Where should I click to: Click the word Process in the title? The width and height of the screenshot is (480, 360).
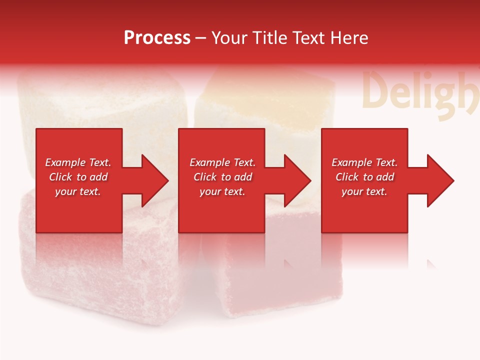click(x=157, y=38)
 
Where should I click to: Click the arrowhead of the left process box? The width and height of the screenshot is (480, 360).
click(x=152, y=180)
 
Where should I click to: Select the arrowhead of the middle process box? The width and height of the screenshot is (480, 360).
click(x=295, y=180)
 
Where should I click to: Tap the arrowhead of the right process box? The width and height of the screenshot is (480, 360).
click(x=437, y=180)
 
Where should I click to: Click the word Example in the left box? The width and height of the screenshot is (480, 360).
click(x=65, y=162)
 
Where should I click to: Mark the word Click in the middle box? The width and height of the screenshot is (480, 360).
click(x=205, y=177)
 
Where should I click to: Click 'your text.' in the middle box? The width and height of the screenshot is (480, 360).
click(x=222, y=191)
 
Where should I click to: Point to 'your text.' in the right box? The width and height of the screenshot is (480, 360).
click(x=364, y=191)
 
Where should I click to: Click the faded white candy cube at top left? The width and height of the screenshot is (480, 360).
click(x=100, y=100)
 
